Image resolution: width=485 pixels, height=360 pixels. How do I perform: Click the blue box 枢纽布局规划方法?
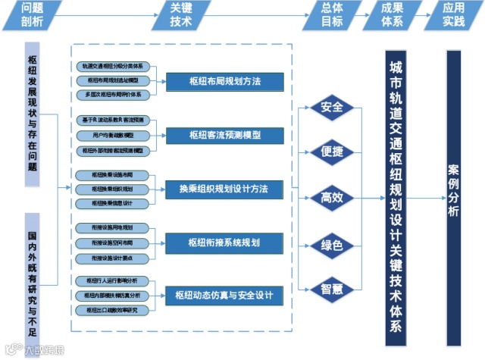[224, 81]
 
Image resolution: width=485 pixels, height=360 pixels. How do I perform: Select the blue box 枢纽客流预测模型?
[224, 135]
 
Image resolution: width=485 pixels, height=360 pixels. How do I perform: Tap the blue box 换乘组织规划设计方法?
[224, 188]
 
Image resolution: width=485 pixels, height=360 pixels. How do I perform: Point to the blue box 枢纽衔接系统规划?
[224, 243]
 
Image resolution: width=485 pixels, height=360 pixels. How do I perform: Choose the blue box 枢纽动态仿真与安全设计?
[224, 295]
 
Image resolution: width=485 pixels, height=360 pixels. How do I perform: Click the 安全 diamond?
[332, 107]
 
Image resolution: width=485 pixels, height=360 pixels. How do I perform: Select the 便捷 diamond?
[332, 152]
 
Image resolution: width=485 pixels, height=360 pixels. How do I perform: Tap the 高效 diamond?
[332, 199]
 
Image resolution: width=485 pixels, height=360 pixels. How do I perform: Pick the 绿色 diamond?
[332, 245]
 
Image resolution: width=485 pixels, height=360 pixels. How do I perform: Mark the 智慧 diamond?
[332, 289]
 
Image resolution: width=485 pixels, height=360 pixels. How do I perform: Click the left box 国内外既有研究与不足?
[33, 273]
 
